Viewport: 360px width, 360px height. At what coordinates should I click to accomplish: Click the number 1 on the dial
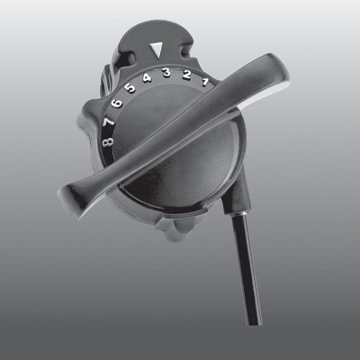[204, 81]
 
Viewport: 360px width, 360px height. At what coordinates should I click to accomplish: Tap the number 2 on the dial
[186, 76]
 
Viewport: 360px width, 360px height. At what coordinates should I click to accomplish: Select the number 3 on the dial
[166, 73]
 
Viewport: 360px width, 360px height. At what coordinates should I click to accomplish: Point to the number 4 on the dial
[147, 78]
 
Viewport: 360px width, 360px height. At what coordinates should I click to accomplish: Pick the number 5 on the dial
[130, 89]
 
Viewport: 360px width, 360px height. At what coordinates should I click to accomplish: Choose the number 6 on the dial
[117, 104]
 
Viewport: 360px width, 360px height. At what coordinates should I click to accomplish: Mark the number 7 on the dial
[109, 122]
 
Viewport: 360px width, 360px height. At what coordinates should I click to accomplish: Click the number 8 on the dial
[107, 142]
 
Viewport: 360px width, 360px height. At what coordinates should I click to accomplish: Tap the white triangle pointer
[155, 50]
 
